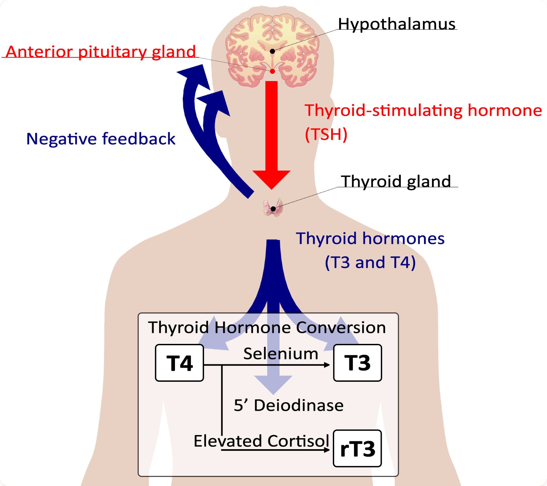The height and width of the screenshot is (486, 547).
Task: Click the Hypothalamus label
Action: [397, 24]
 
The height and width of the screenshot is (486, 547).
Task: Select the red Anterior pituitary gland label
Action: [101, 52]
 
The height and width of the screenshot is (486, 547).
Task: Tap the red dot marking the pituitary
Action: [272, 71]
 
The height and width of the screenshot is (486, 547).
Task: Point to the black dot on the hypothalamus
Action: [272, 51]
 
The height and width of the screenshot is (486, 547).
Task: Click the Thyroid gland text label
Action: [396, 181]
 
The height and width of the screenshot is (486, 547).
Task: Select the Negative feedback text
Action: [101, 139]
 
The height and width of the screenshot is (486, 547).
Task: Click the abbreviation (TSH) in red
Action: [326, 134]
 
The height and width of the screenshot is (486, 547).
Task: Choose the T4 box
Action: [179, 363]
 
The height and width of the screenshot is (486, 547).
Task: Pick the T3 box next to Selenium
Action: [357, 363]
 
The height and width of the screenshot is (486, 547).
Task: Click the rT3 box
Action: [357, 448]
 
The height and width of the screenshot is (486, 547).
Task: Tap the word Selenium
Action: [281, 354]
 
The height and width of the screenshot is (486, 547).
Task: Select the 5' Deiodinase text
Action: [289, 405]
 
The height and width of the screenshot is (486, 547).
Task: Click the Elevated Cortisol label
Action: [261, 441]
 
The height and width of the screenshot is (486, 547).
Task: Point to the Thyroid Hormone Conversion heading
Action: [267, 327]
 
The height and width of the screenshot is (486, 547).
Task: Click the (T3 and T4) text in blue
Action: [370, 262]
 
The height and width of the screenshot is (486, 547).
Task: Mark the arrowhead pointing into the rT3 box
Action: [327, 450]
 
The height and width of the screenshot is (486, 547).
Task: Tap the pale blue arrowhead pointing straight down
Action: [273, 384]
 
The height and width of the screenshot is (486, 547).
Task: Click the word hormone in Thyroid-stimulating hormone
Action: [504, 110]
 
